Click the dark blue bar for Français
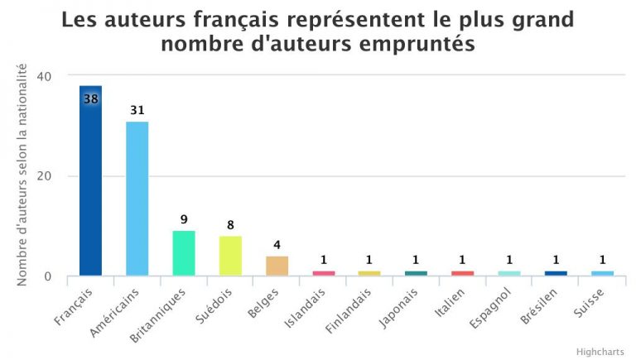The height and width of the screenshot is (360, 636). (91, 182)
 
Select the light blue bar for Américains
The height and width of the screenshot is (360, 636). (137, 199)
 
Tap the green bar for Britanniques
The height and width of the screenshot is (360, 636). (184, 253)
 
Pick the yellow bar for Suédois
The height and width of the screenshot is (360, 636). (230, 256)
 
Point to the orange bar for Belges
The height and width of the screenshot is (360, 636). (277, 266)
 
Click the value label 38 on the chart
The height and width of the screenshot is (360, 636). (91, 98)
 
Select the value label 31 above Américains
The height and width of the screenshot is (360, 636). (137, 109)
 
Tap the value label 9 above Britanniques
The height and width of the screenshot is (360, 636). (184, 219)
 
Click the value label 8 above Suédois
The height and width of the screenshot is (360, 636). (230, 224)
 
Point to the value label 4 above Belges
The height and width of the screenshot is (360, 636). (277, 244)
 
